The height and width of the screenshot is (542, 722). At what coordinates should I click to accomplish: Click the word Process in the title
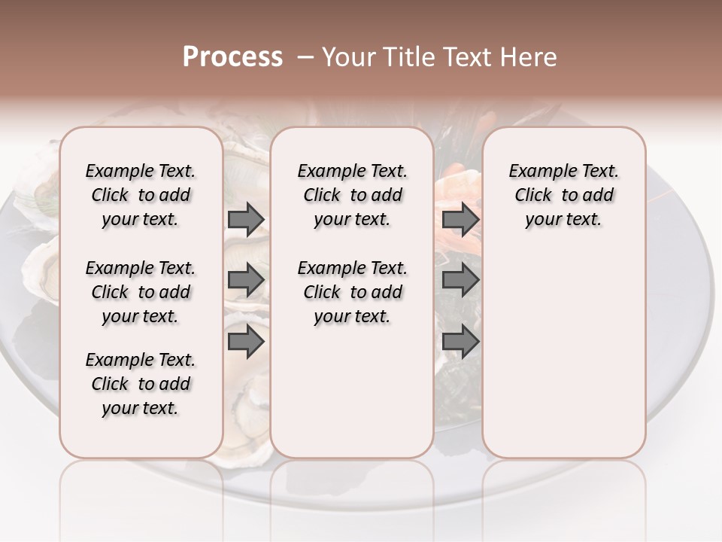click(232, 57)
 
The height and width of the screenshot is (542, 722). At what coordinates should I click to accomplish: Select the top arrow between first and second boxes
click(246, 219)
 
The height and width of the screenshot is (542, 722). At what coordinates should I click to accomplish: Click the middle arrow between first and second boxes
click(246, 280)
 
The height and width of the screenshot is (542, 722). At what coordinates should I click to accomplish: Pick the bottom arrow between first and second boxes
click(246, 341)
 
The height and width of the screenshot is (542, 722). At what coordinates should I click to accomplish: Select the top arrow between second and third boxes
click(460, 219)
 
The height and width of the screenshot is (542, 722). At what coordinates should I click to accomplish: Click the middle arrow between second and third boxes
click(460, 280)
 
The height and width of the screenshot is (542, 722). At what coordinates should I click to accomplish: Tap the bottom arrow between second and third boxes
click(460, 341)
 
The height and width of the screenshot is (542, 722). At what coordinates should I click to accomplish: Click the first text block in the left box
click(141, 195)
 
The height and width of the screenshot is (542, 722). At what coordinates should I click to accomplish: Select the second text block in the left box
click(141, 292)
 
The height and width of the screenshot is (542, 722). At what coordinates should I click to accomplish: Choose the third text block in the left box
click(141, 384)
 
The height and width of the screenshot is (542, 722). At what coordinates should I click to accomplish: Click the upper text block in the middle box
click(352, 195)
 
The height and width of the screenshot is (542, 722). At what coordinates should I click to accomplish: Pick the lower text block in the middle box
click(352, 292)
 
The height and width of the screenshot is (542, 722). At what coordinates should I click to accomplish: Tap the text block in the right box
click(563, 195)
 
